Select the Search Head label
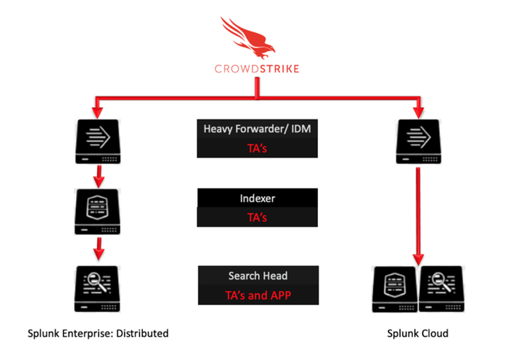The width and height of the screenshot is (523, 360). pos(257,276)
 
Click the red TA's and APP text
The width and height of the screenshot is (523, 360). pos(257,294)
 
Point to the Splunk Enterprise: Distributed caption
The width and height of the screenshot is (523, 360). pos(97,333)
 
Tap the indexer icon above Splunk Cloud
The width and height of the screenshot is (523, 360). pos(395,287)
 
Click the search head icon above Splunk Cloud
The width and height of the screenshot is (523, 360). pos(441,287)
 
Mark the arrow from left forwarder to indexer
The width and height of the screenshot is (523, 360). pos(99,177)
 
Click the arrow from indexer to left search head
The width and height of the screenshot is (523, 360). pos(99,248)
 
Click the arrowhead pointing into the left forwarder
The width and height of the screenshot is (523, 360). pos(97,112)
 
